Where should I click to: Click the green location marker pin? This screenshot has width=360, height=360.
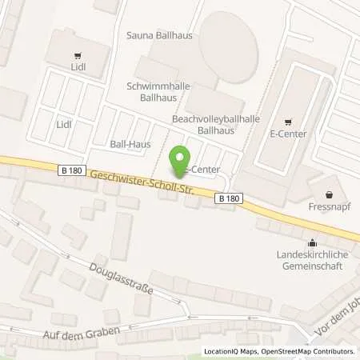(x=179, y=160)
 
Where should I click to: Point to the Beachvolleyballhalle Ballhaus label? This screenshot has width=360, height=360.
(x=209, y=122)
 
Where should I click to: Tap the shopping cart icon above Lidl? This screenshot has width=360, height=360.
(x=77, y=56)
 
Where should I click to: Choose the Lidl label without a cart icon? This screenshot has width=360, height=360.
(x=64, y=125)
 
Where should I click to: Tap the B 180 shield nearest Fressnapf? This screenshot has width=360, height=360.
(x=229, y=198)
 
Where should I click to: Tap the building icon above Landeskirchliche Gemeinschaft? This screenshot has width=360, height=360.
(x=312, y=243)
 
